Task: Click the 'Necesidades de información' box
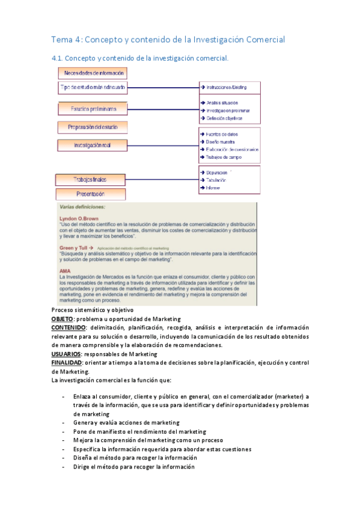tap(92, 73)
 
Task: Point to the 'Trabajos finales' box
tap(90, 179)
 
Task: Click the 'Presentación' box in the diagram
tap(90, 194)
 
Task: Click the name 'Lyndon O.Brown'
tap(79, 218)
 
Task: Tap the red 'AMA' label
tap(66, 271)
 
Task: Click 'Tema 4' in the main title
tap(66, 40)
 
